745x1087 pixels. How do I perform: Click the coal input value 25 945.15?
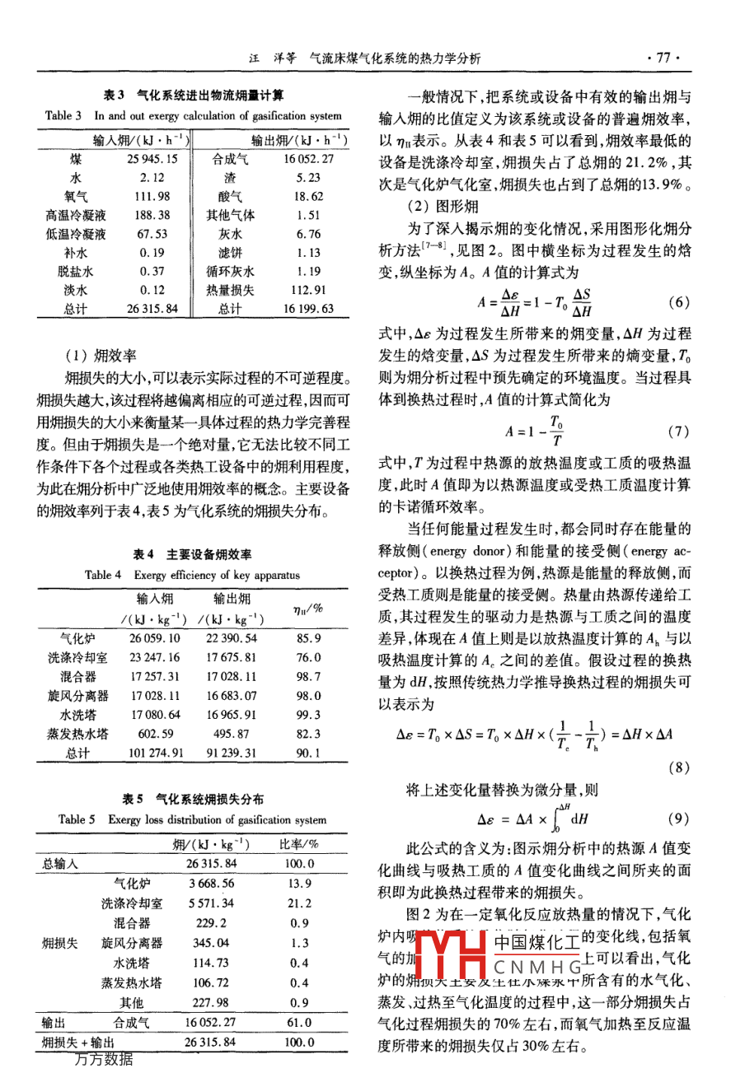point(152,159)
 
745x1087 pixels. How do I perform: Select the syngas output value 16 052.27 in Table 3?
point(309,159)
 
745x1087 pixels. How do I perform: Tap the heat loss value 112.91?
point(309,290)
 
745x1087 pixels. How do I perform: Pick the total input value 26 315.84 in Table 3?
point(152,309)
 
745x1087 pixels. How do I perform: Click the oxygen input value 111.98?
point(153,196)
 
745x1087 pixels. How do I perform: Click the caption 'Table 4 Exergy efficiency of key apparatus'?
point(192,575)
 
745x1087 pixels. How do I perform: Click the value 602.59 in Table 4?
point(155,734)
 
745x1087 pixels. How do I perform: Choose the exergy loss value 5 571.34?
point(211,903)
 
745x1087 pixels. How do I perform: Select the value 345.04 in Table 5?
point(211,943)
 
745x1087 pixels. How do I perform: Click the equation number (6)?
point(678,302)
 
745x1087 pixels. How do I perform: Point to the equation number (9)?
point(678,819)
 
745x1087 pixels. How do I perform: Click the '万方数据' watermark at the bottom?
point(104,1060)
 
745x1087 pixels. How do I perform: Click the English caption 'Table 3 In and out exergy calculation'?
point(194,116)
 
